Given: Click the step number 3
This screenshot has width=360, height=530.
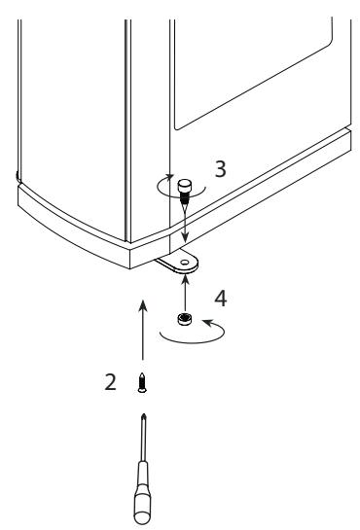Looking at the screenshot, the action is pyautogui.click(x=221, y=169).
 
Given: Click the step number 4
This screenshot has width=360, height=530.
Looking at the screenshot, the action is pyautogui.click(x=221, y=299).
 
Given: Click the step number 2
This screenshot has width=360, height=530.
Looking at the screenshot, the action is pyautogui.click(x=110, y=382).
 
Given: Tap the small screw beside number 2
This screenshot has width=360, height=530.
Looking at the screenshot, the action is pyautogui.click(x=142, y=382).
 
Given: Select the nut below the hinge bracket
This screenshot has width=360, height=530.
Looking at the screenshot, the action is pyautogui.click(x=185, y=319).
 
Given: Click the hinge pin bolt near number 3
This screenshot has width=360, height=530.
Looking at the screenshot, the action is pyautogui.click(x=185, y=192).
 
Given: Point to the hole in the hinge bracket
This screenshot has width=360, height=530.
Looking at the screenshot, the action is pyautogui.click(x=185, y=263).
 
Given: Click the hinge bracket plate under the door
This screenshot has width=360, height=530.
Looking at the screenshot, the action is pyautogui.click(x=178, y=262).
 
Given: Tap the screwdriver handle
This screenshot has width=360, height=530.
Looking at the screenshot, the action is pyautogui.click(x=143, y=493).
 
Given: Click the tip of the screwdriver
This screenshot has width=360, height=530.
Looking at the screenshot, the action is pyautogui.click(x=144, y=414).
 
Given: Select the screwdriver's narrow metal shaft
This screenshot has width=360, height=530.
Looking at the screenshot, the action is pyautogui.click(x=144, y=438).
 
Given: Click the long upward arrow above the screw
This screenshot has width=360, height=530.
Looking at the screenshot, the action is pyautogui.click(x=143, y=330).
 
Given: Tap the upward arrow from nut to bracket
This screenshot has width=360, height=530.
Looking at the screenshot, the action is pyautogui.click(x=185, y=294).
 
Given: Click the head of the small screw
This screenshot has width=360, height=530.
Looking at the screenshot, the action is pyautogui.click(x=142, y=390).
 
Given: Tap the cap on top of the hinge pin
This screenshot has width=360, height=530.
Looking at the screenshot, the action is pyautogui.click(x=185, y=186).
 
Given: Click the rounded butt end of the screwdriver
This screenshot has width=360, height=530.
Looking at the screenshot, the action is pyautogui.click(x=142, y=518).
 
